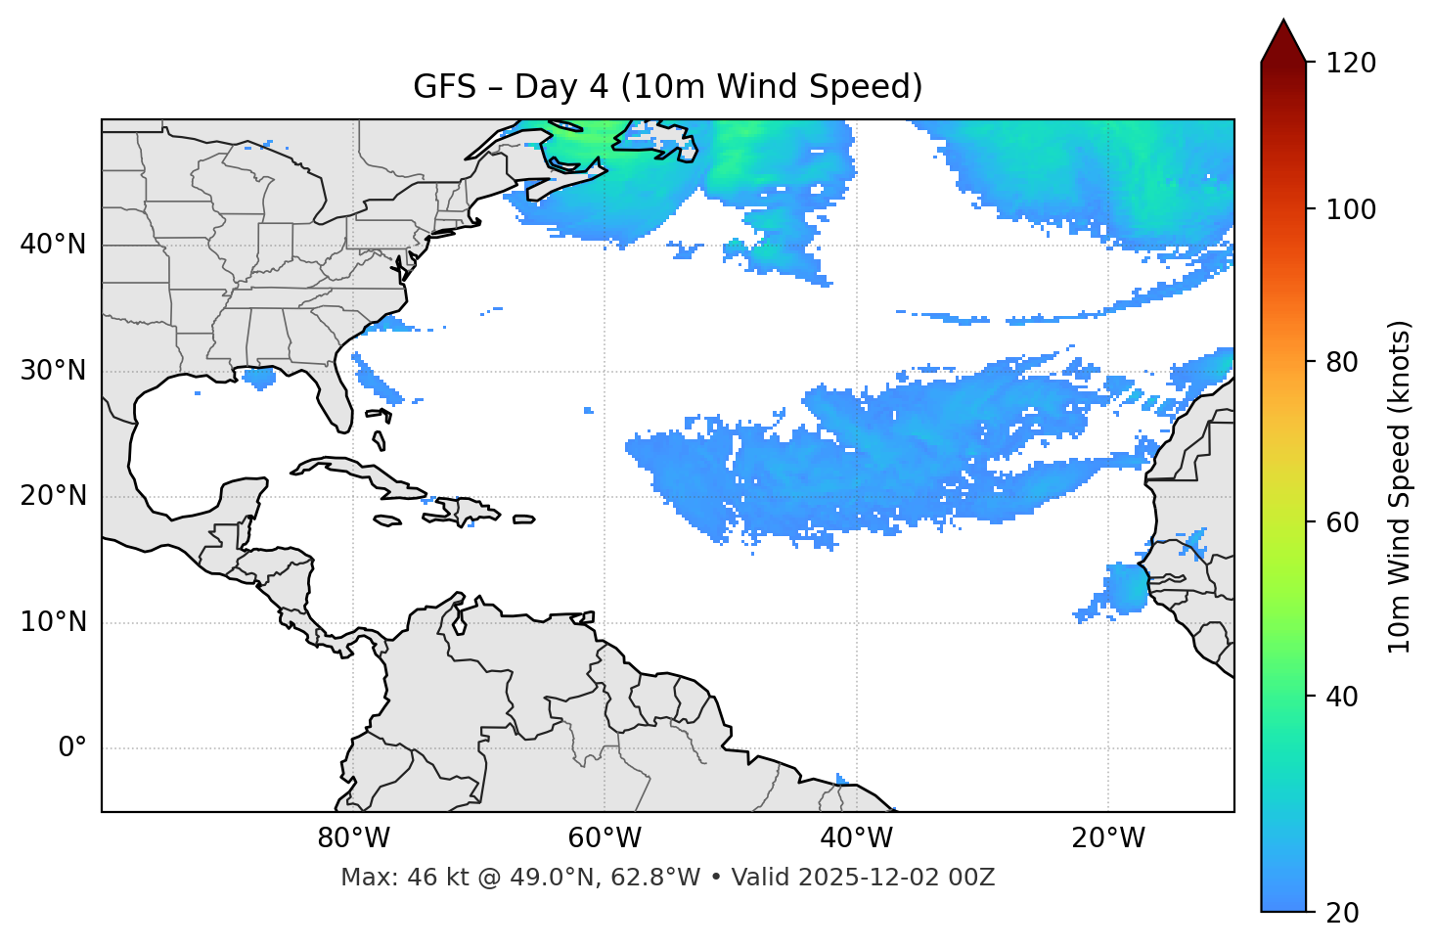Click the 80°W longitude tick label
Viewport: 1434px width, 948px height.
pos(353,838)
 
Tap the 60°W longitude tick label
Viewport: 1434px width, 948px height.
pos(605,838)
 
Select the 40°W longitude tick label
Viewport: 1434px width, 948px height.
pos(856,838)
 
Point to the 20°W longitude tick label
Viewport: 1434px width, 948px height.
pos(1107,838)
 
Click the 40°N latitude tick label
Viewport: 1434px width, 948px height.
pos(53,245)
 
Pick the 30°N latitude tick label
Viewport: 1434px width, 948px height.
pos(53,371)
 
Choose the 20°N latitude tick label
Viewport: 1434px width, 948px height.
pos(53,496)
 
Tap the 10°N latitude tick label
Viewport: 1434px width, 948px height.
pos(53,622)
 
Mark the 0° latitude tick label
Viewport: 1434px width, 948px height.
pos(72,748)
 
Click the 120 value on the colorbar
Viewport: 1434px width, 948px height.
pos(1351,63)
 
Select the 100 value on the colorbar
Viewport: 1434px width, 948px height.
pos(1351,209)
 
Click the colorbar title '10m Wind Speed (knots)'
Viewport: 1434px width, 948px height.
pos(1400,486)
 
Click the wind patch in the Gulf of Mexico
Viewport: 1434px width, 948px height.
pos(259,378)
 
